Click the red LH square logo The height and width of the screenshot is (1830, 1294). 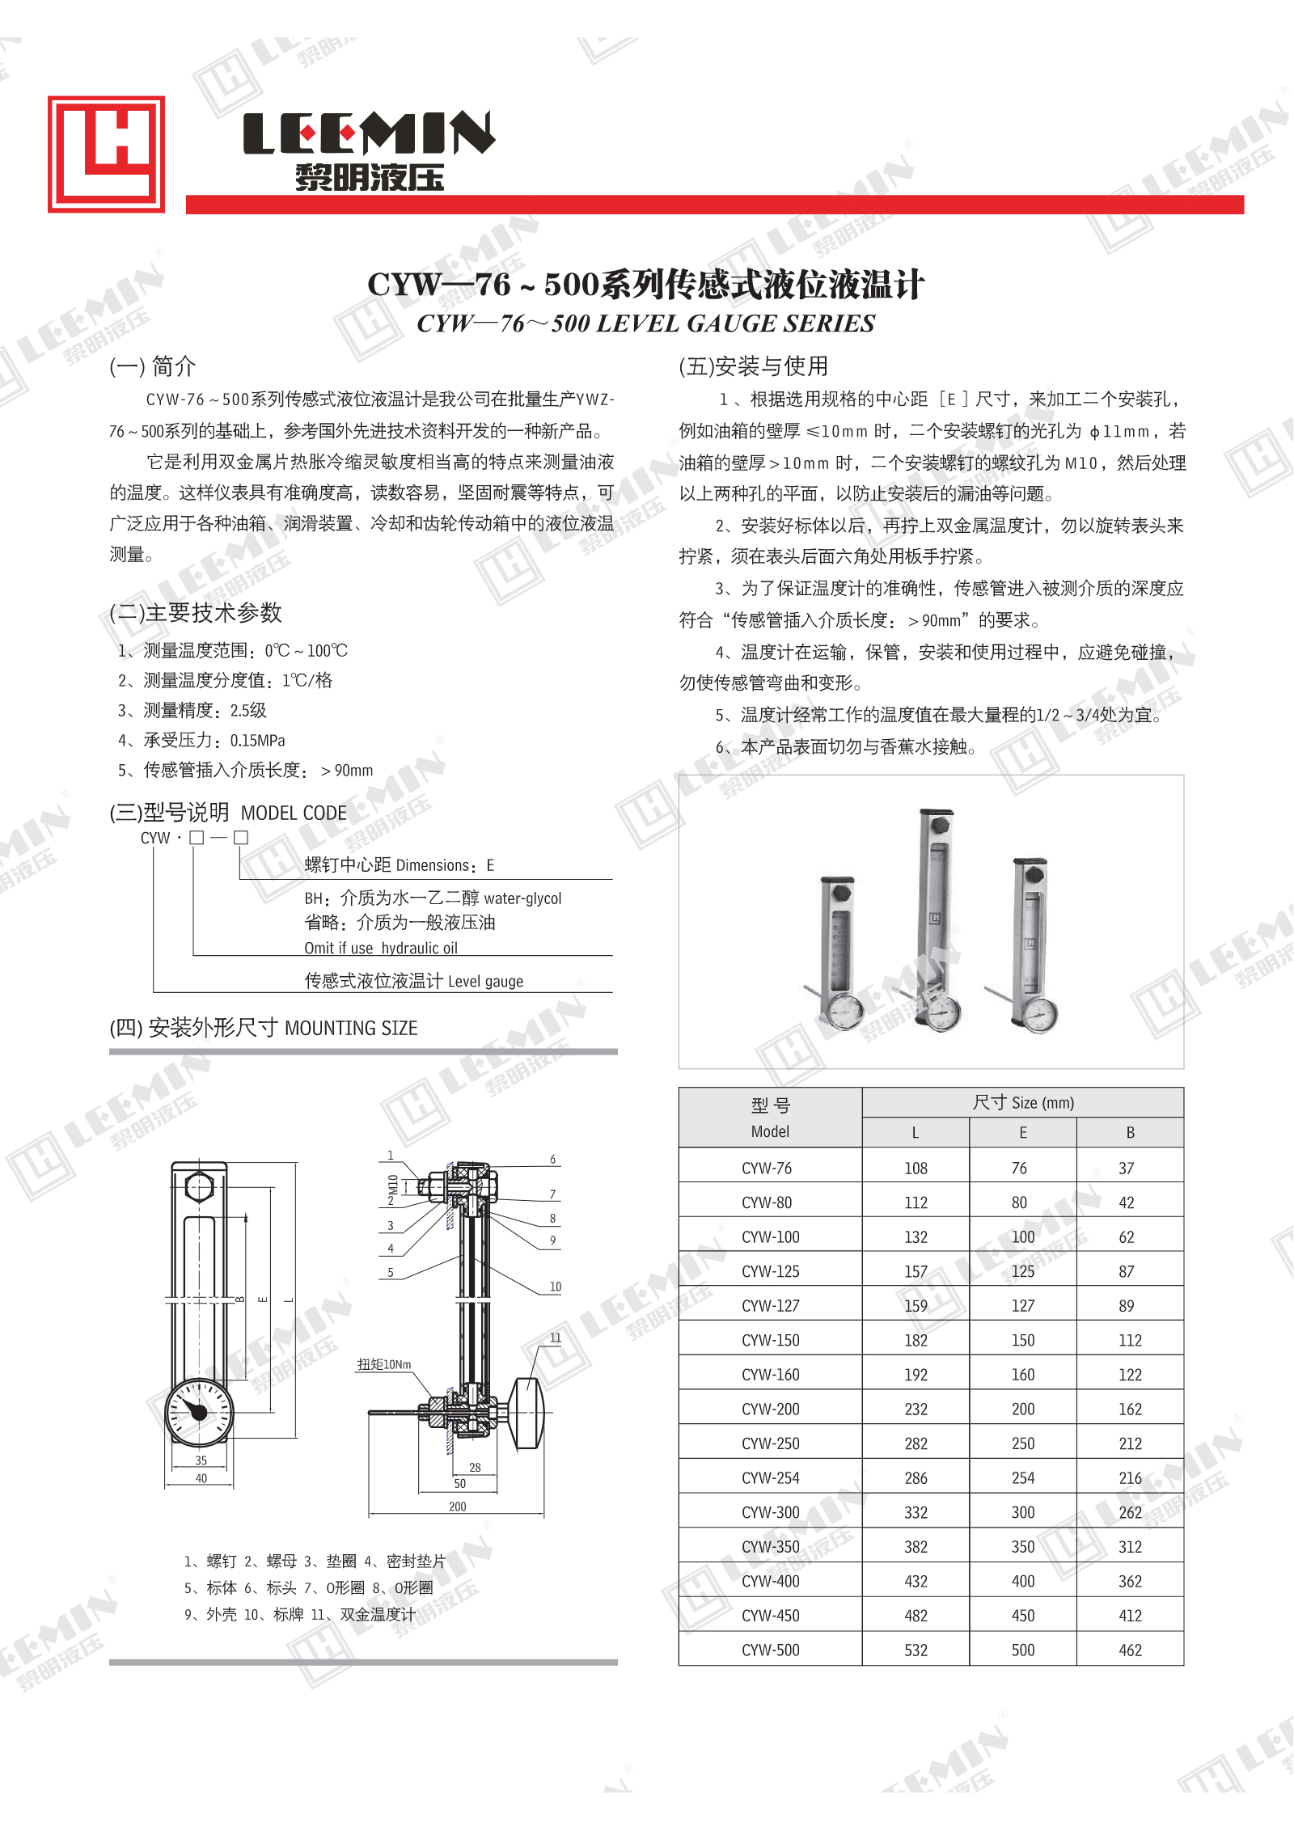point(106,154)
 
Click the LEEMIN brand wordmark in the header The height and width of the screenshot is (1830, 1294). point(369,133)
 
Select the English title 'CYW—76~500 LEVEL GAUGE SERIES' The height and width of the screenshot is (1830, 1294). point(645,323)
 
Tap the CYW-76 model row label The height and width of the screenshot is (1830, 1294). point(766,1168)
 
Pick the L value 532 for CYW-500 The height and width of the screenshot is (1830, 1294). point(916,1650)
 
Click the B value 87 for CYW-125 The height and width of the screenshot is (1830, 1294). point(1126,1271)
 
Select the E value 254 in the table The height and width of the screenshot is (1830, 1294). point(1022,1477)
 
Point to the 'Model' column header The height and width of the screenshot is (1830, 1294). point(769,1131)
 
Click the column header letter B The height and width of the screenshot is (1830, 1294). point(1130,1132)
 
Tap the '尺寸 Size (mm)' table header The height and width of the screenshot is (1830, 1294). point(1022,1102)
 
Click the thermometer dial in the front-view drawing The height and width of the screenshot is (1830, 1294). point(199,1412)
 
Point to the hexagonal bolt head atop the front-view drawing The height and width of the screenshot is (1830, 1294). point(199,1188)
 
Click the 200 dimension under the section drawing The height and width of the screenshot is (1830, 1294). point(457,1506)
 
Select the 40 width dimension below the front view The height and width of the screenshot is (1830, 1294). point(201,1478)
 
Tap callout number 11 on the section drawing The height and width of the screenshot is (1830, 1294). point(555,1338)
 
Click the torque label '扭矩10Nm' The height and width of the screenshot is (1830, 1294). point(384,1364)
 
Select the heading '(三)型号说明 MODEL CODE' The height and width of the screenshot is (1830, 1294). point(228,813)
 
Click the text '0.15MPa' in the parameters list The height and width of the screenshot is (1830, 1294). point(257,740)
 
